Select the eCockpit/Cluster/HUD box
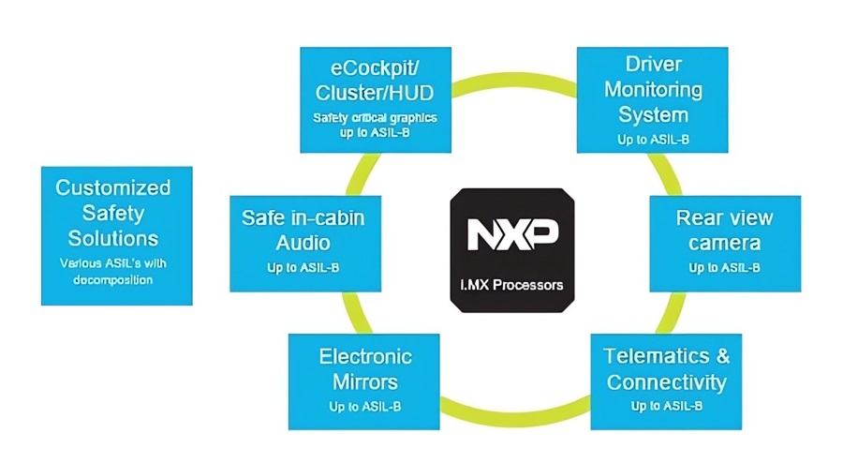pyautogui.click(x=375, y=98)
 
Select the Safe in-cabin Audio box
pyautogui.click(x=303, y=243)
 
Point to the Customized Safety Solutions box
pyautogui.click(x=116, y=235)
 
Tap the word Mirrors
pyautogui.click(x=365, y=382)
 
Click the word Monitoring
pyautogui.click(x=653, y=90)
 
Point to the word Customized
pyautogui.click(x=113, y=187)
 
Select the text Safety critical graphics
pyautogui.click(x=375, y=119)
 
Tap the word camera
pyautogui.click(x=724, y=244)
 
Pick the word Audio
pyautogui.click(x=303, y=244)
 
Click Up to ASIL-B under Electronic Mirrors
pyautogui.click(x=365, y=407)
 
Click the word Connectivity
pyautogui.click(x=666, y=382)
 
